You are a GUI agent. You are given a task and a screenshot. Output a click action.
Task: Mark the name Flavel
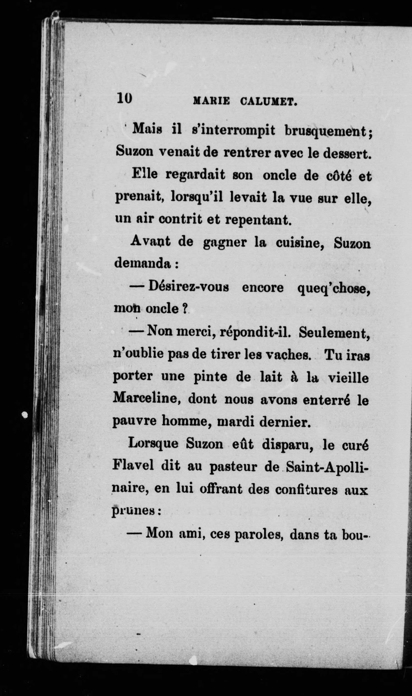pyautogui.click(x=133, y=466)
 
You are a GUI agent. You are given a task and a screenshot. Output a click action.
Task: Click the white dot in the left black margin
pyautogui.click(x=25, y=415)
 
